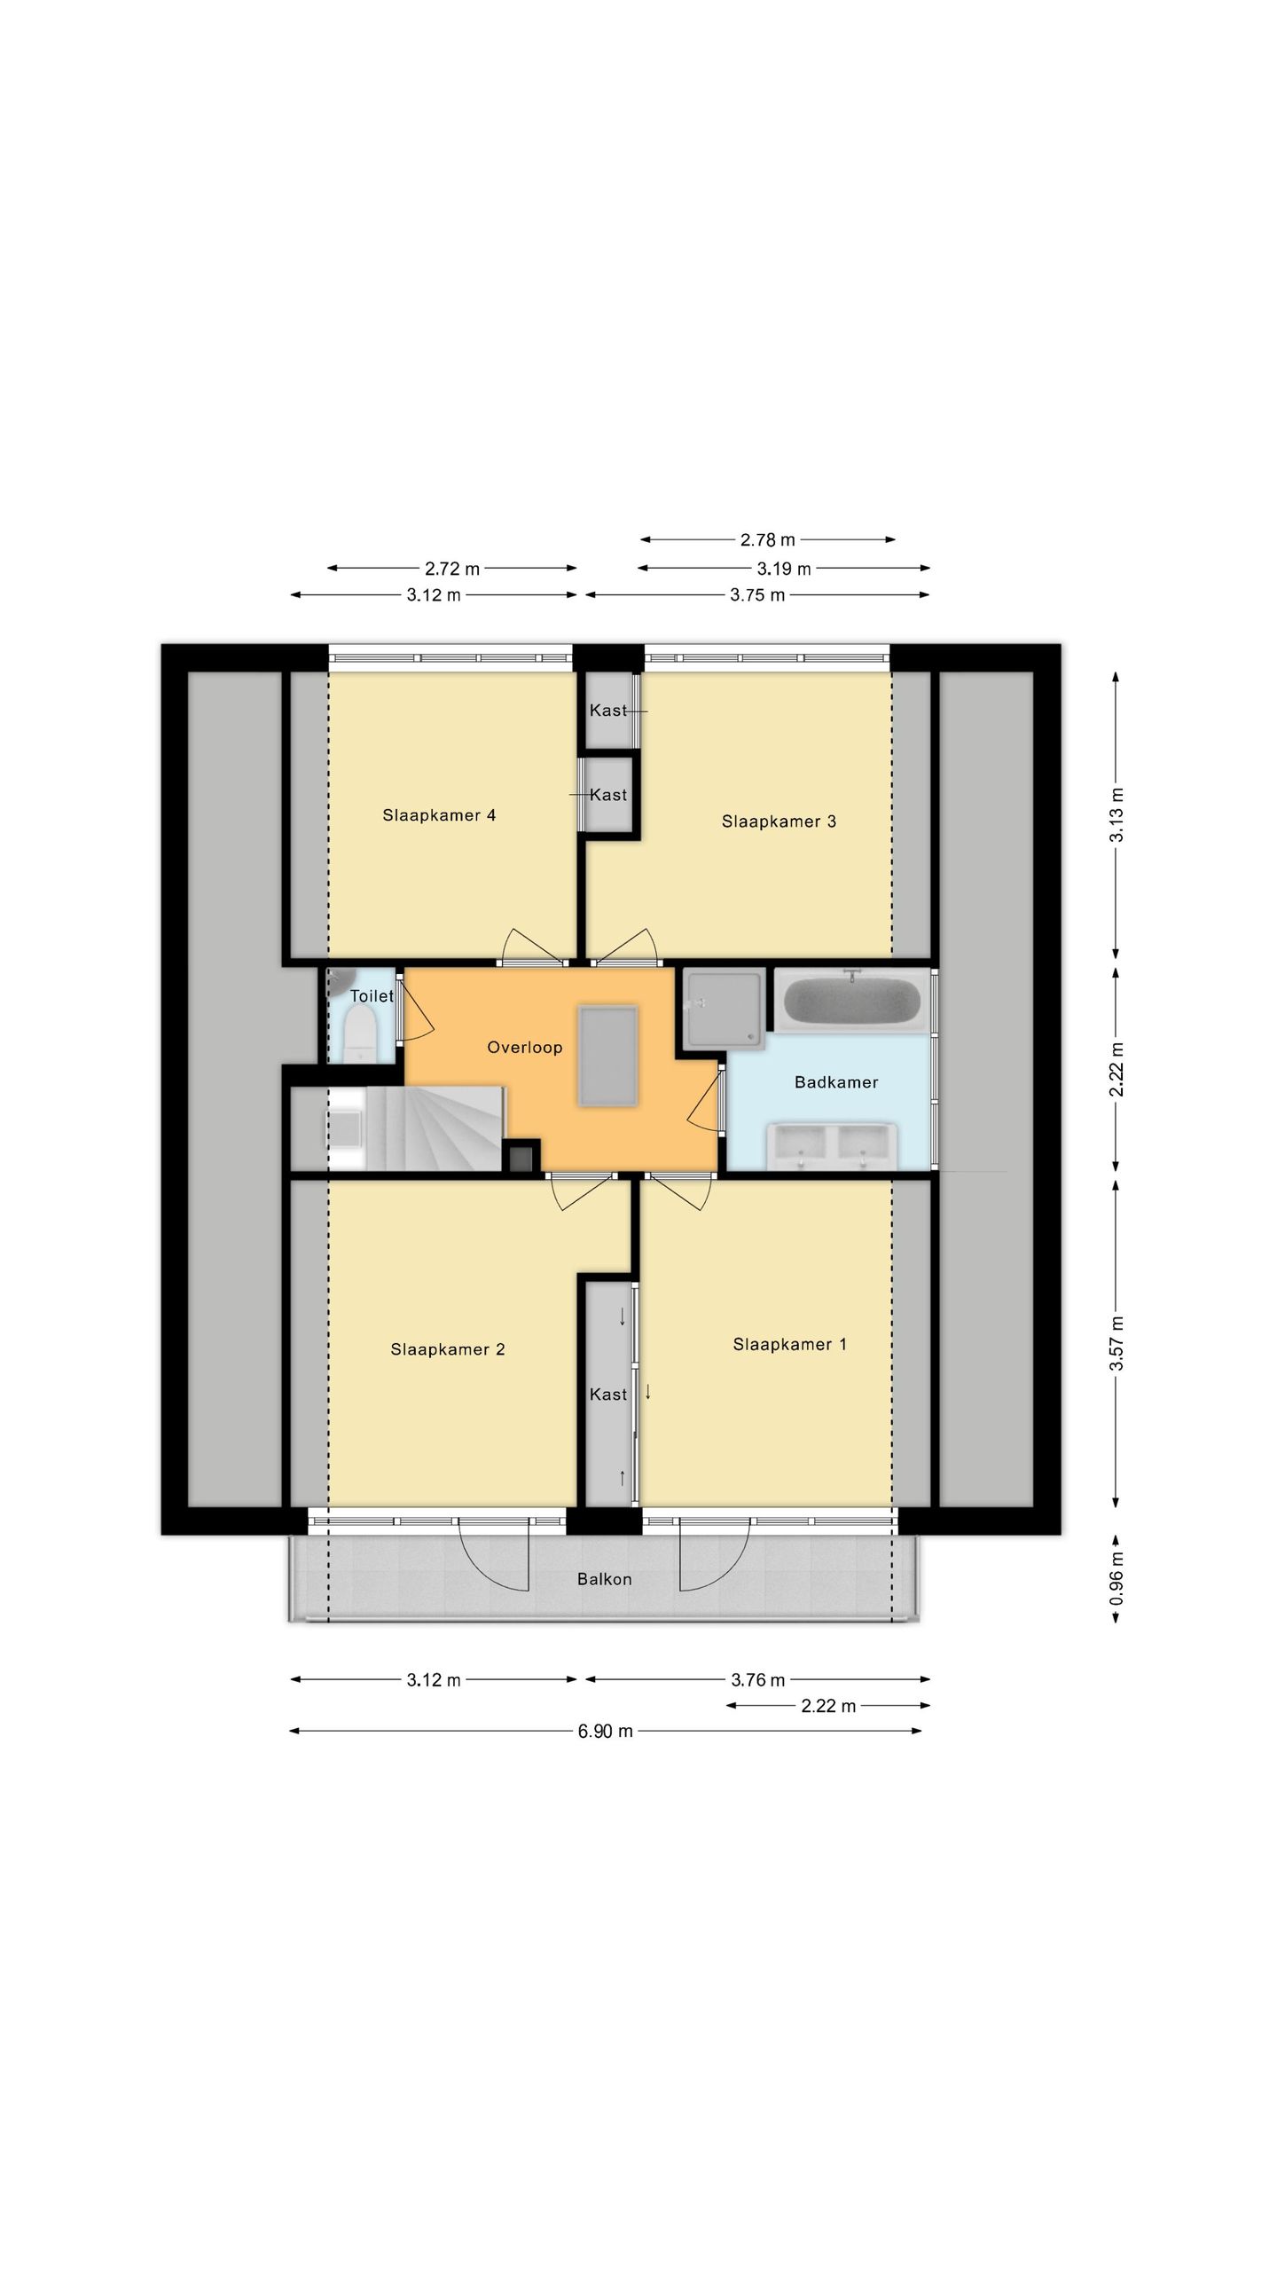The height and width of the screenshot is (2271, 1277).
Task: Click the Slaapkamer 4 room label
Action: click(439, 815)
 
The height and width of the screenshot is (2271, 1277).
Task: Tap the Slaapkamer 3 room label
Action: click(779, 821)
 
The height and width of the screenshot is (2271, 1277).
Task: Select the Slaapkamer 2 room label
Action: click(448, 1349)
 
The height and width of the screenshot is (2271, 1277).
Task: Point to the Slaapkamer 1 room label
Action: click(790, 1345)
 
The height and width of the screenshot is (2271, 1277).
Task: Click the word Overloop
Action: click(525, 1048)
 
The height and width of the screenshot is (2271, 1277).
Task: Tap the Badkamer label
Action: click(836, 1082)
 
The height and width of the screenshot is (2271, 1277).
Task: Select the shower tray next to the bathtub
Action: click(724, 1010)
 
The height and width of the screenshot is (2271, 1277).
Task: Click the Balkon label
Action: click(605, 1579)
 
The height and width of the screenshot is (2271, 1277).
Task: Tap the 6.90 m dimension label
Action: click(606, 1731)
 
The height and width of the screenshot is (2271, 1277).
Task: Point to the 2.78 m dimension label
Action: click(768, 539)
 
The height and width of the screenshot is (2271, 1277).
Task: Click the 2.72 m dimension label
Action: click(452, 569)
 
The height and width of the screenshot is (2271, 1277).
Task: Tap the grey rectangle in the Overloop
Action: click(607, 1056)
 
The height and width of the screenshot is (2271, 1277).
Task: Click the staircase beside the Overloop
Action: click(435, 1128)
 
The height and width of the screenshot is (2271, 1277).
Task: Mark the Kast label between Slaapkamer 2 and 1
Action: click(608, 1395)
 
